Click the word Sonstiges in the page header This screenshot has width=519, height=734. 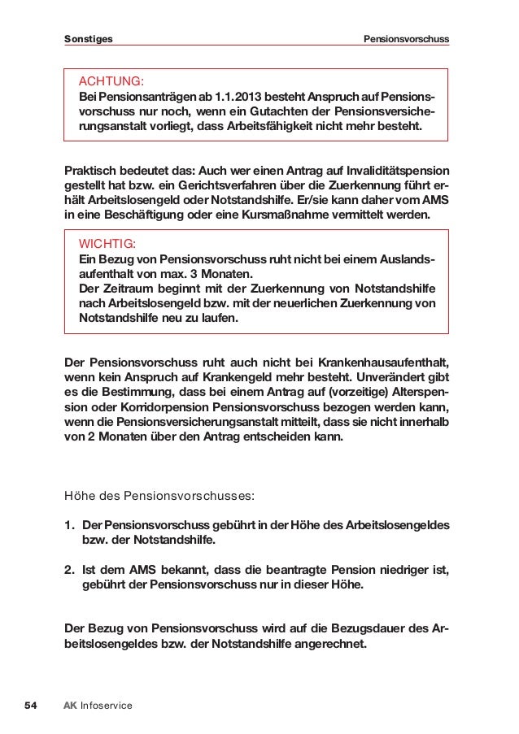[x=89, y=39]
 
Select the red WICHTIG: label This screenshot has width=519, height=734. [x=107, y=243]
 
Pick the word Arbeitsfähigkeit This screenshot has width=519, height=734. [x=266, y=128]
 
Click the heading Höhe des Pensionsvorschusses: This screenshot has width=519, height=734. [x=159, y=493]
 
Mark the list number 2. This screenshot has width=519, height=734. [x=69, y=569]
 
